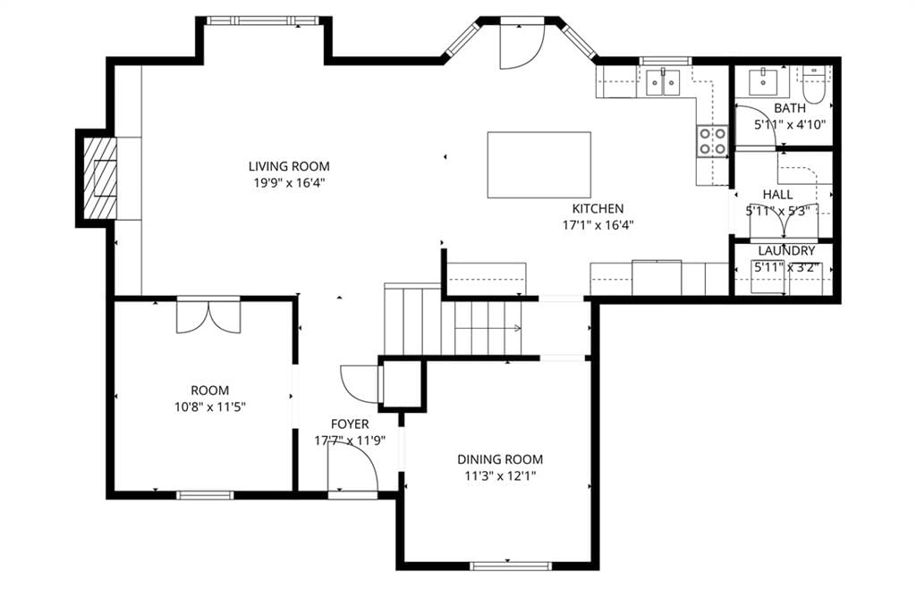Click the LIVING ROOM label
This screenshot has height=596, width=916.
pyautogui.click(x=289, y=166)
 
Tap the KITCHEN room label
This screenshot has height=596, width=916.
pyautogui.click(x=598, y=208)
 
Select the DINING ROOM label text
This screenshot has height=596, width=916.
pyautogui.click(x=500, y=459)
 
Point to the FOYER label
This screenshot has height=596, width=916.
pyautogui.click(x=350, y=424)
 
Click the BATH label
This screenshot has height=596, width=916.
pyautogui.click(x=790, y=108)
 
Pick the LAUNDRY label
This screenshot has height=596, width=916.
pyautogui.click(x=786, y=251)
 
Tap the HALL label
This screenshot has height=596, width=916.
pyautogui.click(x=777, y=195)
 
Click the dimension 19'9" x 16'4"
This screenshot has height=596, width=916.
pyautogui.click(x=289, y=182)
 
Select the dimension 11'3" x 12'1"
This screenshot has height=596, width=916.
pyautogui.click(x=500, y=475)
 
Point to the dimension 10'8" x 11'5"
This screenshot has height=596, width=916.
pyautogui.click(x=209, y=407)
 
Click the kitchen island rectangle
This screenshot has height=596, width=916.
pyautogui.click(x=539, y=164)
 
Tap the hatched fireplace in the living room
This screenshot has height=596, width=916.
pyautogui.click(x=99, y=178)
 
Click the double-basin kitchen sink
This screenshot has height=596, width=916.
pyautogui.click(x=663, y=81)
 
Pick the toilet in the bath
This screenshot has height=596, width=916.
pyautogui.click(x=812, y=83)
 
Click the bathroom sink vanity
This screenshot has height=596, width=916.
pyautogui.click(x=762, y=81)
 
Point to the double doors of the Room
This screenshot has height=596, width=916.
pyautogui.click(x=208, y=315)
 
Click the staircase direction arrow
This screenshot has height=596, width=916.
pyautogui.click(x=488, y=329)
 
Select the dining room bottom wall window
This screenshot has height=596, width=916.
pyautogui.click(x=511, y=566)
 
